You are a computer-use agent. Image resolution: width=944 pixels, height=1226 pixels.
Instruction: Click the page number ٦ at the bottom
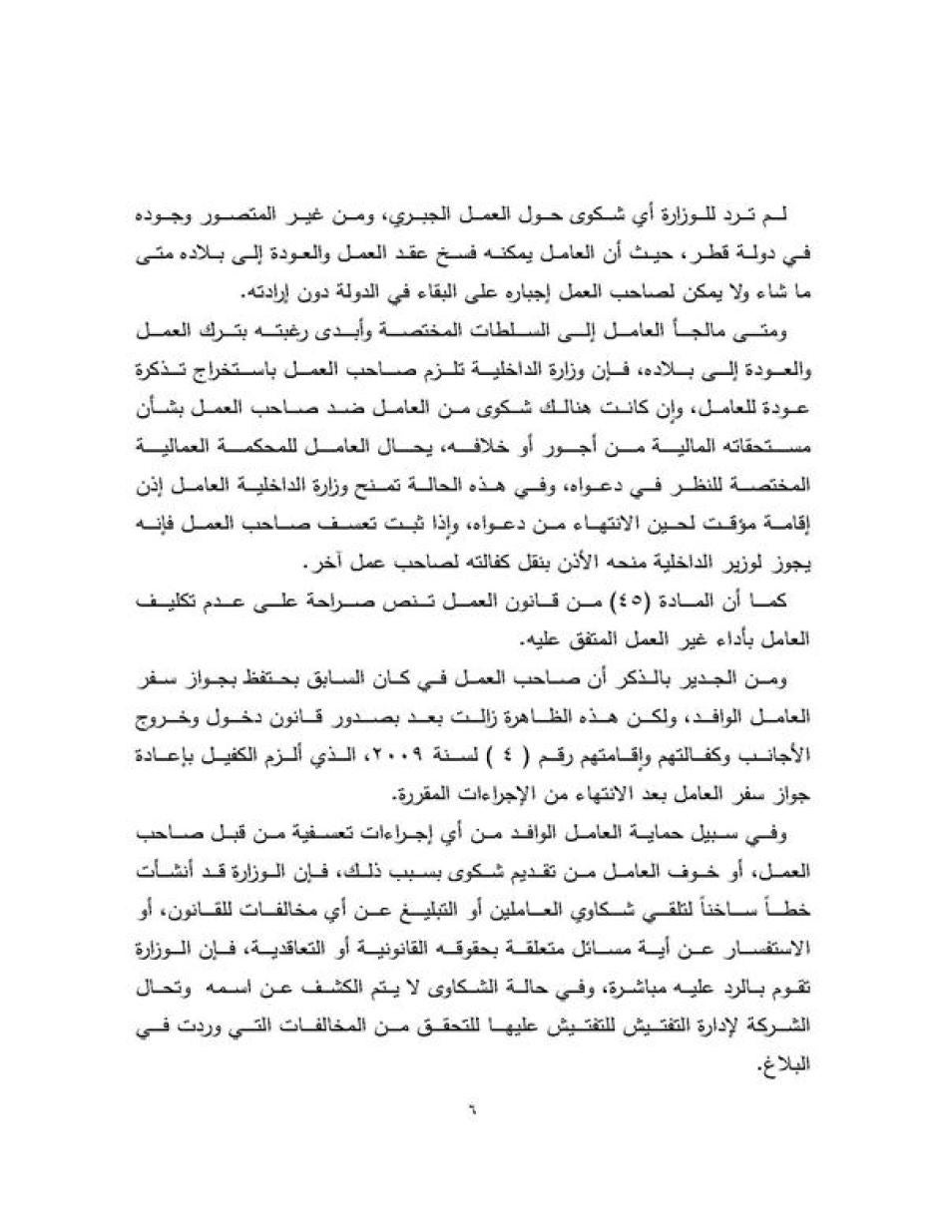tap(471, 1108)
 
